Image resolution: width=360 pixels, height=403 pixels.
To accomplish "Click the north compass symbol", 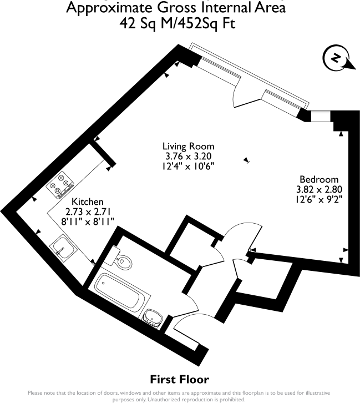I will [x=336, y=58].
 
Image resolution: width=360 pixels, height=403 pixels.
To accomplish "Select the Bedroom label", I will [x=318, y=179].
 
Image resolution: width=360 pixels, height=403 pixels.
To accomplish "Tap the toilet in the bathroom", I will [x=123, y=260].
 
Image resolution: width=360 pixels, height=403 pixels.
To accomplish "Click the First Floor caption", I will [x=180, y=380].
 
